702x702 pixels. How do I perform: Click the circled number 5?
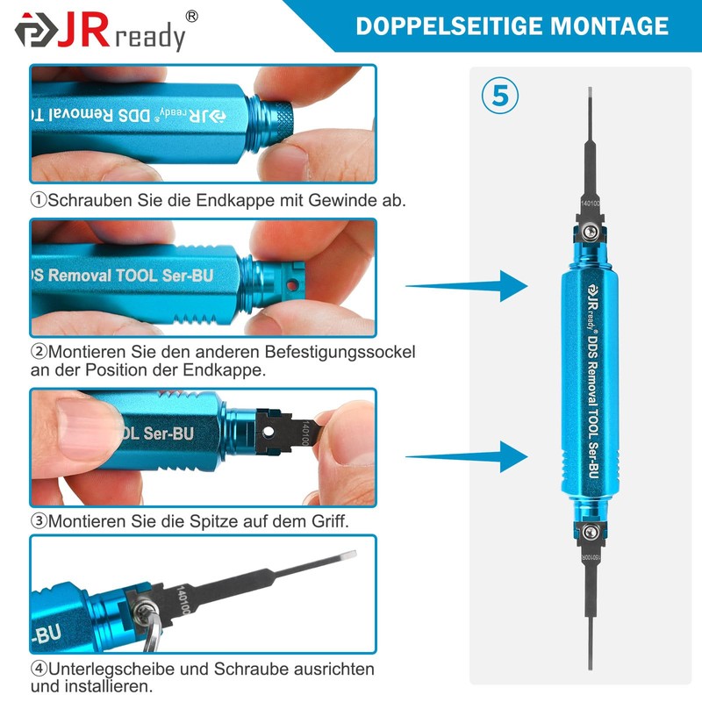point(500,96)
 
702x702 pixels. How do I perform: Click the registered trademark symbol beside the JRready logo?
point(192,16)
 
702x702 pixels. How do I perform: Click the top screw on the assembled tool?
point(591,232)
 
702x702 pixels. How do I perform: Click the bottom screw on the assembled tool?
point(591,531)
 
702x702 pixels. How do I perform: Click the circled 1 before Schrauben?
point(39,200)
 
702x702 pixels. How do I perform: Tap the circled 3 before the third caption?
point(39,520)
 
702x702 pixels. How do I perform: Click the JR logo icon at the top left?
point(36,31)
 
